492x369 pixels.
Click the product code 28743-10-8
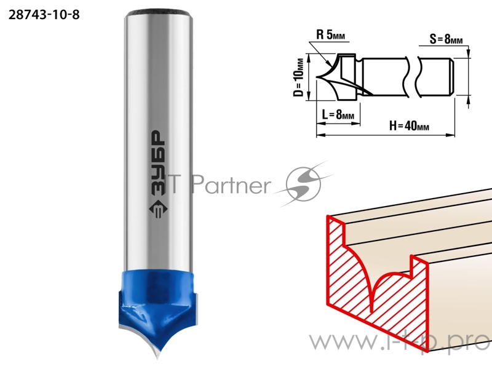coord(44,15)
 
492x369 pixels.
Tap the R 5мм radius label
coord(330,34)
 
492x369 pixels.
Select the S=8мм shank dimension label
coord(446,39)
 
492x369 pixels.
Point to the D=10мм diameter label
coord(299,77)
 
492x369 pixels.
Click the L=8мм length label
coord(338,114)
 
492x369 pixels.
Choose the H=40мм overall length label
coord(409,126)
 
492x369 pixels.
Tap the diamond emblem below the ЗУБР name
coord(158,209)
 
